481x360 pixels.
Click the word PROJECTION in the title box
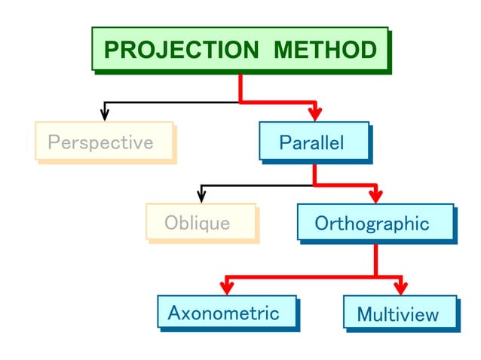click(x=180, y=50)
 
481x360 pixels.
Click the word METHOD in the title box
click(x=325, y=50)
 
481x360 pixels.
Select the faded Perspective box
click(x=103, y=142)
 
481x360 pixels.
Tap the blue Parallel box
click(x=314, y=142)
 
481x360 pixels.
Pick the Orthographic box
click(x=375, y=223)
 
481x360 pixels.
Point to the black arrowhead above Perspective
click(x=105, y=114)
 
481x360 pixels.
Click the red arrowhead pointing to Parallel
click(x=315, y=114)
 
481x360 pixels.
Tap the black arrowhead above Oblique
click(x=201, y=197)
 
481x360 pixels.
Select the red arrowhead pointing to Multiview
click(x=400, y=288)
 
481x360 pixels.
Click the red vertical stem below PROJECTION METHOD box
click(x=240, y=87)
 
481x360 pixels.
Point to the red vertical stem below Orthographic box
click(x=375, y=260)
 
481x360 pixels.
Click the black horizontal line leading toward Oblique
click(x=256, y=185)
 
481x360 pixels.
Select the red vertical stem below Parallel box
click(x=314, y=172)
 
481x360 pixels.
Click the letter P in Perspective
click(x=53, y=142)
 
